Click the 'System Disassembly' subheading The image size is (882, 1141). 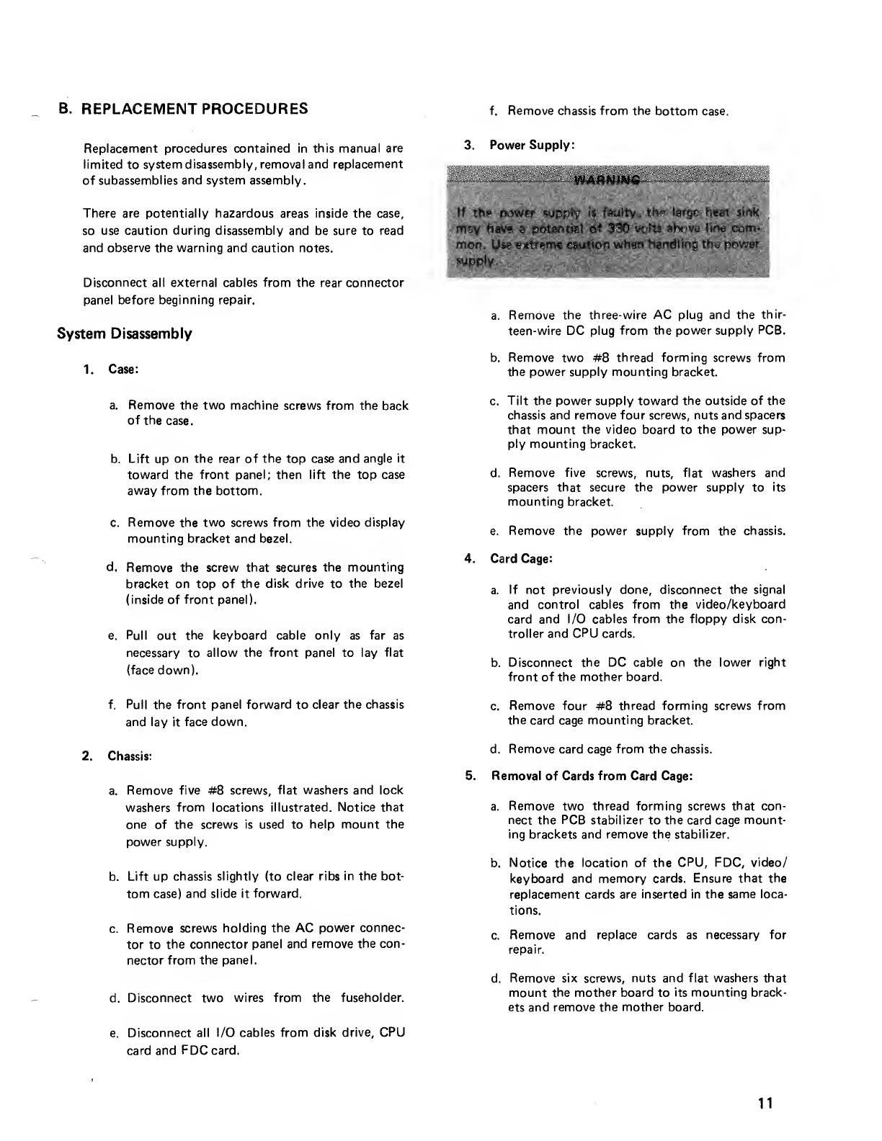pos(124,334)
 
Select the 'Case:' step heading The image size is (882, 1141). pos(122,370)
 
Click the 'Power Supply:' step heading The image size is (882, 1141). pos(532,145)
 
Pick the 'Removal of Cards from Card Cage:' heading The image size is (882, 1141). pos(592,777)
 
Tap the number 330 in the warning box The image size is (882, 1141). pos(582,228)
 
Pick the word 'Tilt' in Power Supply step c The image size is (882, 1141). pos(518,401)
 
